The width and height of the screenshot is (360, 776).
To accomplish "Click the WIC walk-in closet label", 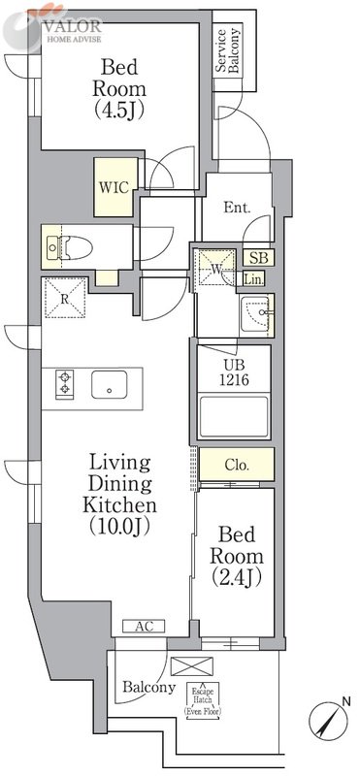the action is pos(115,188).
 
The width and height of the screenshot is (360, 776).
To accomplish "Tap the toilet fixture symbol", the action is pos(70,246).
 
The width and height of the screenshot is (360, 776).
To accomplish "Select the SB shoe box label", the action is pos(258,257).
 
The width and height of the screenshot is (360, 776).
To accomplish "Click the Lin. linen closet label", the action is pos(254,279).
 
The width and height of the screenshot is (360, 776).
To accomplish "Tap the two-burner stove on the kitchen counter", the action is pos(64,382).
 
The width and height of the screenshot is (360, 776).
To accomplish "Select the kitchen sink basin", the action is pos(110,384).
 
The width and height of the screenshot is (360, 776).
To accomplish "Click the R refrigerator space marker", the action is pos(64,298).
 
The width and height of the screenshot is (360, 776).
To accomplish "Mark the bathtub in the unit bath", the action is pos(234,417).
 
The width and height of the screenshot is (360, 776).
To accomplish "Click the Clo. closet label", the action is pos(236,466).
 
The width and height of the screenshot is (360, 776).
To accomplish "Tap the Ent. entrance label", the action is pos(237,208).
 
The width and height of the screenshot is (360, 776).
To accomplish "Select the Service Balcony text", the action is pos(228,52).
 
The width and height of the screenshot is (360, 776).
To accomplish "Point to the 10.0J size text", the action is pos(118,527).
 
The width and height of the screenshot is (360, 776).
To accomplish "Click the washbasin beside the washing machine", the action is pos(255,315).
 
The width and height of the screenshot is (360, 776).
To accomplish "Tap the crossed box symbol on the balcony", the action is pos(191,665).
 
